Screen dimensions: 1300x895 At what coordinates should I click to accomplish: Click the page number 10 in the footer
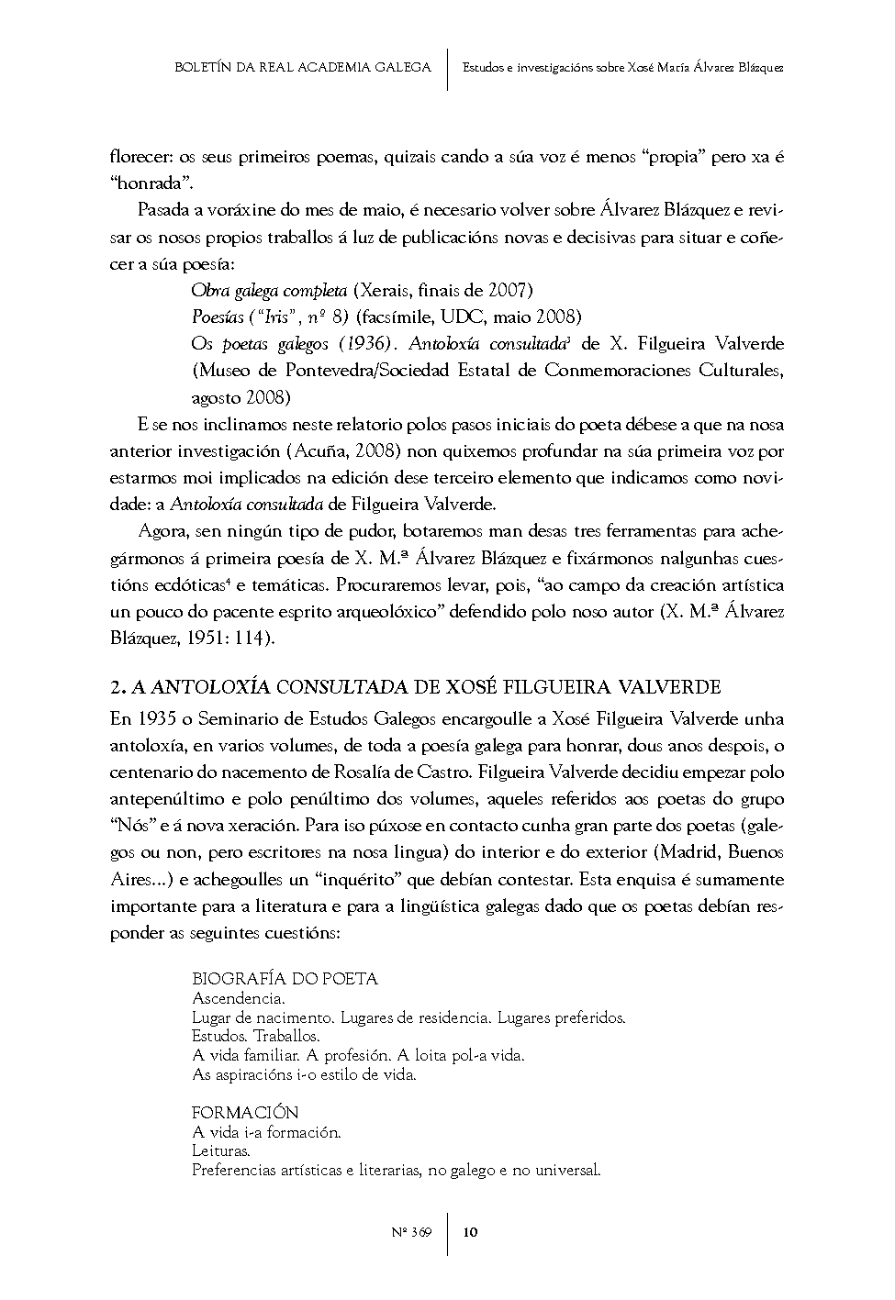coord(470,1232)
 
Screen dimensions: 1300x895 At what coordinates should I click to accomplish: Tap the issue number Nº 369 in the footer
coord(411,1232)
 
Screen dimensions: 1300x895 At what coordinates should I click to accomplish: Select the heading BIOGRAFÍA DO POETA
coord(285,978)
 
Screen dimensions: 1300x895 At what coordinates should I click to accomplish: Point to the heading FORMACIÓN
coord(245,1112)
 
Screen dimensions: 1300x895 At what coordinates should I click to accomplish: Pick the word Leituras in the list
coord(220,1150)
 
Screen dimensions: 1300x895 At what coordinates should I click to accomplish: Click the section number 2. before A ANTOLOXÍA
coord(117,687)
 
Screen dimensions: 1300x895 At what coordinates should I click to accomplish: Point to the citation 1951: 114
coord(232,639)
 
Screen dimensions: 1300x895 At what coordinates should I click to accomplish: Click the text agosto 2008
coord(241,397)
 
